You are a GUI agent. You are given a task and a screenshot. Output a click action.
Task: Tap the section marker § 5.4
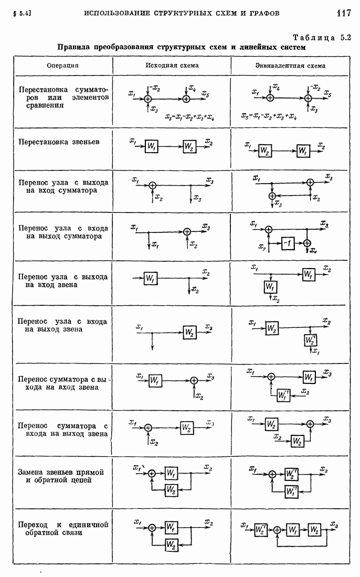18,13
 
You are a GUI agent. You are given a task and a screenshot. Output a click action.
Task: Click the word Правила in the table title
74,47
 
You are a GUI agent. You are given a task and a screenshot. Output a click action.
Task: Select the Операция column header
62,66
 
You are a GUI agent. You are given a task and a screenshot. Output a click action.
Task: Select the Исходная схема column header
172,66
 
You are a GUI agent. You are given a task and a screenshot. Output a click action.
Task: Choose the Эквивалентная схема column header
290,66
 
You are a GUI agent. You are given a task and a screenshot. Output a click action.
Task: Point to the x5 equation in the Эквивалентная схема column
269,116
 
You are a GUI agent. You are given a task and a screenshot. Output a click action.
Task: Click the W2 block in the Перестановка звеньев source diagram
190,147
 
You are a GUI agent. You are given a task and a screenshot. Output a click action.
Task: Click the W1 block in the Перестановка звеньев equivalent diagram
303,151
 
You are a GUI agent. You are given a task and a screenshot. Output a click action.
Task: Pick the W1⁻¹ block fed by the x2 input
284,395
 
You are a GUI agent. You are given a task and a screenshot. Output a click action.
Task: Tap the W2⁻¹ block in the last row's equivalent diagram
261,529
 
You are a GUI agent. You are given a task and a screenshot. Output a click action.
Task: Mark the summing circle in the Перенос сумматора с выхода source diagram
194,381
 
